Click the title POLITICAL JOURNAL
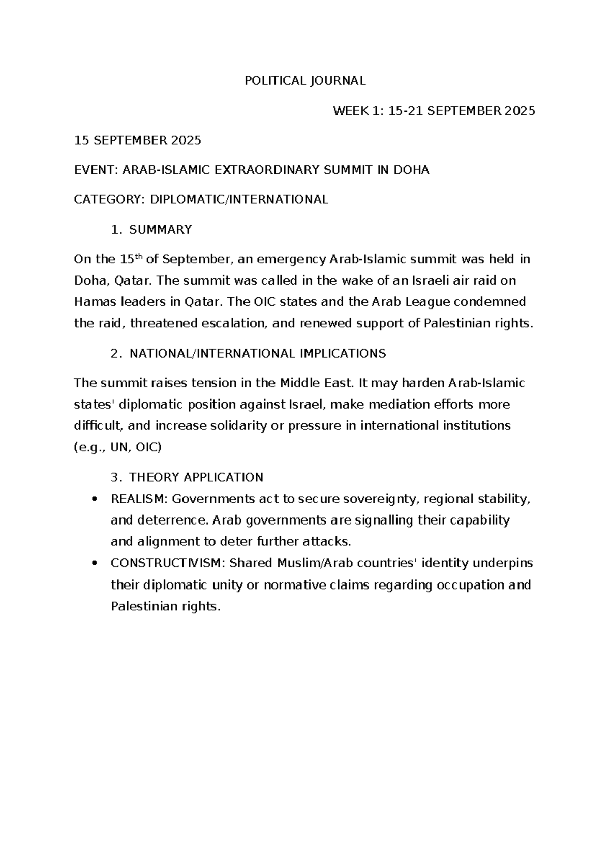tap(305, 81)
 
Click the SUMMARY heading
tap(160, 230)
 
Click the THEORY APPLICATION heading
tap(196, 477)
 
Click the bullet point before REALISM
tap(93, 500)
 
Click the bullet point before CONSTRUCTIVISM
tap(93, 564)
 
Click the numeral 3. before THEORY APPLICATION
tap(116, 477)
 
